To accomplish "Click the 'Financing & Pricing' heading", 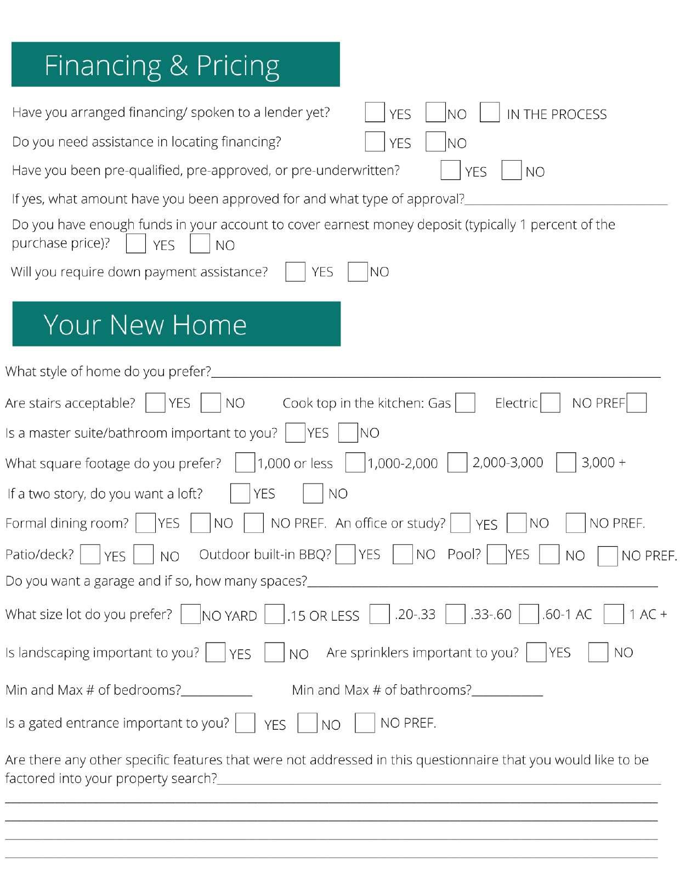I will [162, 65].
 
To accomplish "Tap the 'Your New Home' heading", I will [145, 325].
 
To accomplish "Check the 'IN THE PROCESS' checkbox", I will [489, 112].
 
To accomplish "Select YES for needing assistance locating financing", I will [375, 141].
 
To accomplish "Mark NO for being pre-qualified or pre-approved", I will [511, 170].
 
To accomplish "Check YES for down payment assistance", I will [295, 271].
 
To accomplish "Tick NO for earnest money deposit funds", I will [200, 243].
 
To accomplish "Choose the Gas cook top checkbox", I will [465, 403].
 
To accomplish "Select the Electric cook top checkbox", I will [550, 403].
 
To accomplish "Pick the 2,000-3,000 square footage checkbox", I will [457, 462].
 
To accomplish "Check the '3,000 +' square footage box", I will [566, 462].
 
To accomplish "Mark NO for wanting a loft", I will [313, 493].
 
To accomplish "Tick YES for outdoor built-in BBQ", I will [345, 555].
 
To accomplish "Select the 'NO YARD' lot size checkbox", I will [190, 614].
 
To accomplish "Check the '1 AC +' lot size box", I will [614, 614].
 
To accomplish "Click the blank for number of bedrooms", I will [217, 692].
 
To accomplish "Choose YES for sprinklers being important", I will [536, 652].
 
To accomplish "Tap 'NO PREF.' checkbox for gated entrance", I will [365, 723].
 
